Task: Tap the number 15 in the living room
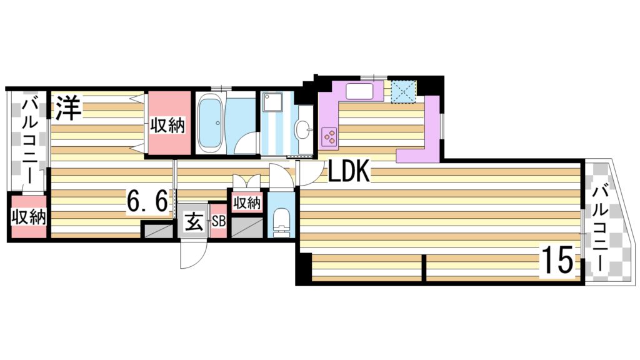click(557, 261)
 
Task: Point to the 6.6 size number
click(147, 201)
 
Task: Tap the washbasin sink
click(304, 130)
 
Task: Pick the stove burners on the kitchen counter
click(329, 136)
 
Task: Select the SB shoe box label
click(218, 221)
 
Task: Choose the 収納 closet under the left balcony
click(27, 217)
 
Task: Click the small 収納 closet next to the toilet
click(247, 202)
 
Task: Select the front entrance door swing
click(191, 252)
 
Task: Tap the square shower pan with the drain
click(273, 102)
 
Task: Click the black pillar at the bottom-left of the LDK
click(303, 269)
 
